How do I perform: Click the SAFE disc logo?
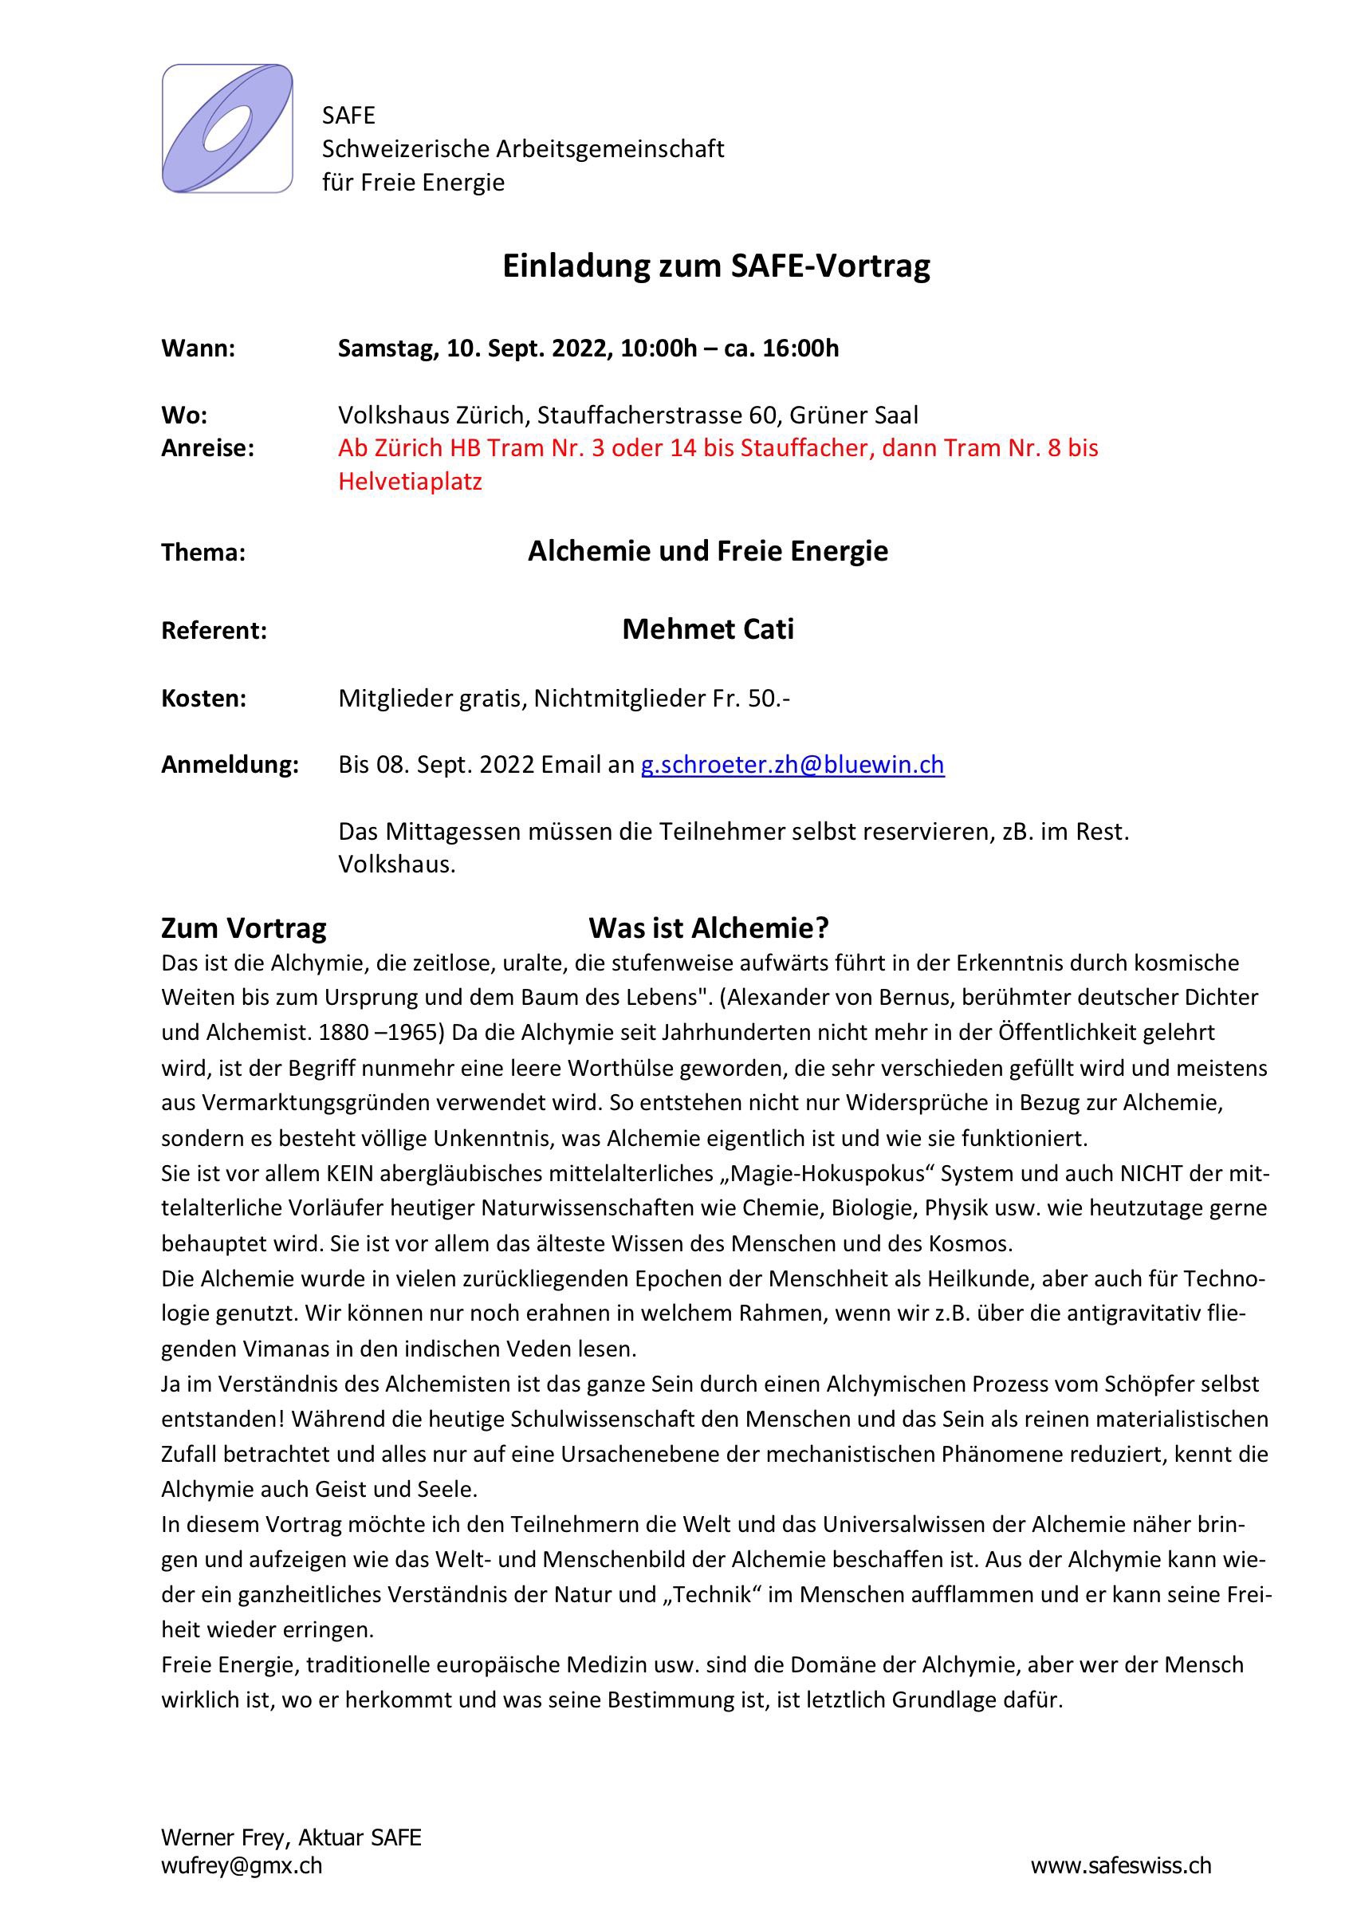pyautogui.click(x=226, y=129)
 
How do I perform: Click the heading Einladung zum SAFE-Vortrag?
pyautogui.click(x=715, y=266)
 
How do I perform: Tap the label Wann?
pyautogui.click(x=199, y=349)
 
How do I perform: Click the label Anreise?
pyautogui.click(x=206, y=448)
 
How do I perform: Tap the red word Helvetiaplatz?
pyautogui.click(x=410, y=482)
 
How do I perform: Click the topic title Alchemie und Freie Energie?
pyautogui.click(x=708, y=551)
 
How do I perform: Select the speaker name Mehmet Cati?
pyautogui.click(x=708, y=628)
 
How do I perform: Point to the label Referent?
pyautogui.click(x=214, y=631)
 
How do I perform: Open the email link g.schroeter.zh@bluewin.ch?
pyautogui.click(x=792, y=766)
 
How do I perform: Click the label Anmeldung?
pyautogui.click(x=230, y=766)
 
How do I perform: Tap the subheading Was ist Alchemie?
pyautogui.click(x=709, y=927)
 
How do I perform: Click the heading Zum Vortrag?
pyautogui.click(x=243, y=928)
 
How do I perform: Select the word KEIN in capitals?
pyautogui.click(x=349, y=1174)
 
